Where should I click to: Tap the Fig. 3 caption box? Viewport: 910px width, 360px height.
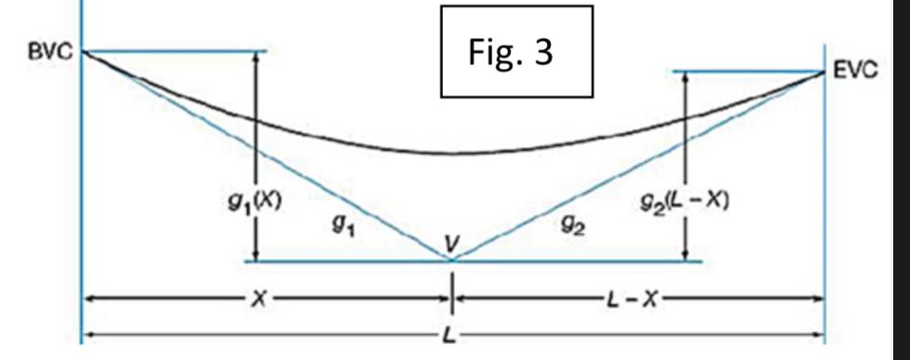515,52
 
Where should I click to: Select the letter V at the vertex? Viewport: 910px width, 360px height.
451,244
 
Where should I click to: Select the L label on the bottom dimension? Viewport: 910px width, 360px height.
449,333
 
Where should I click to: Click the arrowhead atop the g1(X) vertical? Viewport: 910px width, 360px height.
253,56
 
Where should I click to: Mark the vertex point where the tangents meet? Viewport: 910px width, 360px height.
452,260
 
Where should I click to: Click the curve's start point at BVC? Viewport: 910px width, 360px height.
83,51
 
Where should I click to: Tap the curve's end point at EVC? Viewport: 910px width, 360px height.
823,72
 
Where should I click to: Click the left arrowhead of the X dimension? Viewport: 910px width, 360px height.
89,300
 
